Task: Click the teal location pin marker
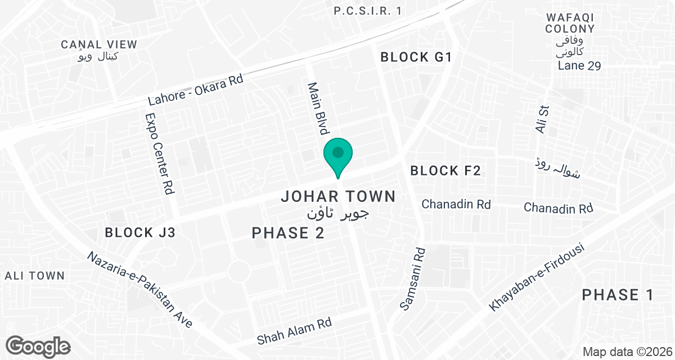pyautogui.click(x=337, y=155)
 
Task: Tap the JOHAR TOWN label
pyautogui.click(x=338, y=196)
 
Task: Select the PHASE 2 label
pyautogui.click(x=288, y=233)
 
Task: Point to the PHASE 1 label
pyautogui.click(x=618, y=295)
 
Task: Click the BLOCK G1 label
pyautogui.click(x=416, y=57)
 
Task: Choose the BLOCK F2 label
pyautogui.click(x=445, y=171)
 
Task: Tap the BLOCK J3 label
pyautogui.click(x=140, y=232)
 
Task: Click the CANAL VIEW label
pyautogui.click(x=99, y=44)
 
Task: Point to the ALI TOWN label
pyautogui.click(x=35, y=276)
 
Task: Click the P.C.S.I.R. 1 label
pyautogui.click(x=368, y=11)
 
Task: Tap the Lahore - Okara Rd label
pyautogui.click(x=195, y=90)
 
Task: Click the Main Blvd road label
pyautogui.click(x=317, y=109)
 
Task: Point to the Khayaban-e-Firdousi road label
pyautogui.click(x=537, y=277)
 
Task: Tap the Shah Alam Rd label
pyautogui.click(x=294, y=331)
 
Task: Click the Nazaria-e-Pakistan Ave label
pyautogui.click(x=140, y=289)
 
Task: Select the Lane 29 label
pyautogui.click(x=579, y=66)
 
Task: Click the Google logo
pyautogui.click(x=39, y=345)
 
